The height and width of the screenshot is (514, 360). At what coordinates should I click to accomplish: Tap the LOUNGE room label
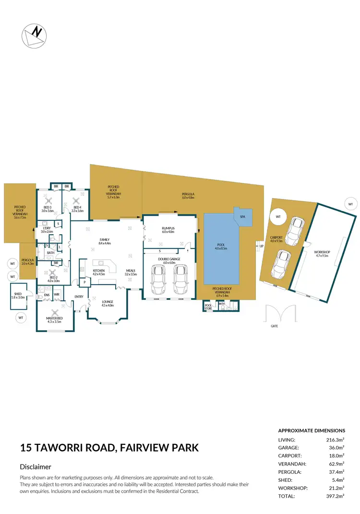[x=108, y=302]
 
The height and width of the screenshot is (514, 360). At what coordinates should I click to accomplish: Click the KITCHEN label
[x=99, y=271]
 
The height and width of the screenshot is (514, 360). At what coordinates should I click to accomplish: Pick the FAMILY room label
[x=105, y=240]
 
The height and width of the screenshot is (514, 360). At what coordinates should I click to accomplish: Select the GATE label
[x=274, y=326]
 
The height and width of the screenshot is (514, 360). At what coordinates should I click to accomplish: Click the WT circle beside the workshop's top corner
[x=350, y=204]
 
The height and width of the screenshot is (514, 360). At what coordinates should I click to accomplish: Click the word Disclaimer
[x=36, y=466]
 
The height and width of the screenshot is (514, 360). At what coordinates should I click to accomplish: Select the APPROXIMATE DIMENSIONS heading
[x=312, y=430]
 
